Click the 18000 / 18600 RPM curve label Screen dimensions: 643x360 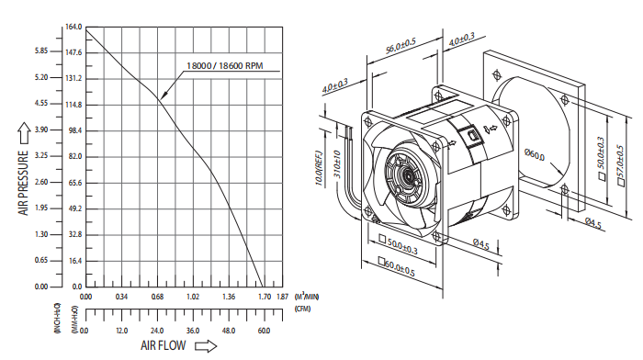(225, 65)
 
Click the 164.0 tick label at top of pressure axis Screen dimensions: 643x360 (73, 27)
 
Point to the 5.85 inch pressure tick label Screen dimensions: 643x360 (41, 51)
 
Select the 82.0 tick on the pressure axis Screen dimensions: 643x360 (75, 156)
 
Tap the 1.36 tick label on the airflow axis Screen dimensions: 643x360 (229, 297)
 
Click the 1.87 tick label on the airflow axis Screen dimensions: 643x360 (283, 297)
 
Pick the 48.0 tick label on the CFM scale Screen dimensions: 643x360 (229, 331)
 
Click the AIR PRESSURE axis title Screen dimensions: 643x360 (23, 183)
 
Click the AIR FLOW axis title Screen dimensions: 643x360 (164, 345)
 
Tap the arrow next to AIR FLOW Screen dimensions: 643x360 (206, 346)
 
